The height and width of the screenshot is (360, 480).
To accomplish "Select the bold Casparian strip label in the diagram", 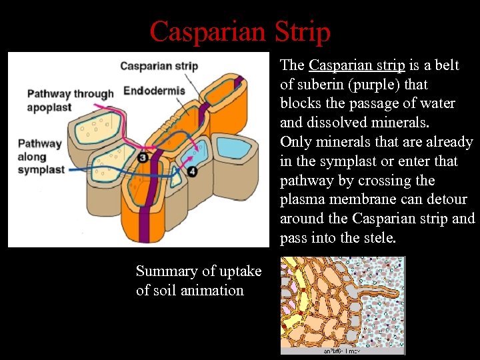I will coord(159,66).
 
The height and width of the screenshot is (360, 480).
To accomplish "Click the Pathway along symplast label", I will coord(41,157).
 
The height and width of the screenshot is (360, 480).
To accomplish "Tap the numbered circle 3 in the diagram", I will coord(143,157).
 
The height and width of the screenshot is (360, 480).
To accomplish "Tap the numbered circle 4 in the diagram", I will coord(193,171).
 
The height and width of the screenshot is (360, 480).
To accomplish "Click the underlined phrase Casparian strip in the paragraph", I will coord(357,65).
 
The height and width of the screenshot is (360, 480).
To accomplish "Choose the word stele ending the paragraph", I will coord(379,238).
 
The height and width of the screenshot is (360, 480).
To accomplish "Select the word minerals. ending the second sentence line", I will coord(399,123).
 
